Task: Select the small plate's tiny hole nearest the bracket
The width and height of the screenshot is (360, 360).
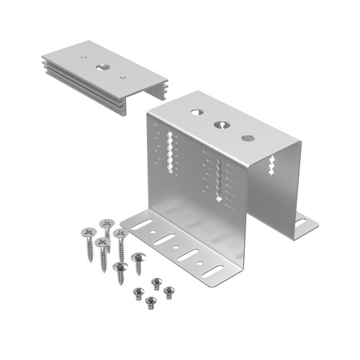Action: (123, 77)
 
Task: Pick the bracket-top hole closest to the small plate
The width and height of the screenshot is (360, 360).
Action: (196, 112)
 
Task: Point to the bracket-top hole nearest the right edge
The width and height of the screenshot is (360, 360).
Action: (247, 138)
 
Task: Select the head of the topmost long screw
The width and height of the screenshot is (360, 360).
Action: (107, 223)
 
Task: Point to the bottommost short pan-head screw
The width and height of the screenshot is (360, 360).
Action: (150, 300)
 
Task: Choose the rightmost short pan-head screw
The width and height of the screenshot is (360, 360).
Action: (168, 291)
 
